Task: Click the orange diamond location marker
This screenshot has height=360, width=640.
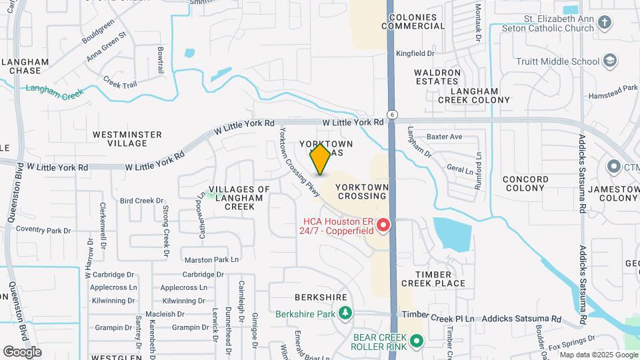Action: [x=320, y=159]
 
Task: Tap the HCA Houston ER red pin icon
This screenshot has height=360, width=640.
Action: [x=383, y=226]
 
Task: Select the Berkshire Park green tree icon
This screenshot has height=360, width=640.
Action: [x=345, y=313]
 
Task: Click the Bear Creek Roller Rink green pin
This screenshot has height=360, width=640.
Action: [x=417, y=343]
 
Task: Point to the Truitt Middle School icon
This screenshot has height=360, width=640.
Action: [x=609, y=61]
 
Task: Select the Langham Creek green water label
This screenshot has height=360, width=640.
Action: [x=55, y=91]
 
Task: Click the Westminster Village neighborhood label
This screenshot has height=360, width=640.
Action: [x=127, y=139]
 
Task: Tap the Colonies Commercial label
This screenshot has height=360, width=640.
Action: [x=413, y=21]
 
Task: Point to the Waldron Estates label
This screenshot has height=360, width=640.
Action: [x=437, y=76]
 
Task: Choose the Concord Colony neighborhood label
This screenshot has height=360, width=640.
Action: [x=525, y=184]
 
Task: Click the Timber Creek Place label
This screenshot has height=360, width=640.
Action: [x=433, y=279]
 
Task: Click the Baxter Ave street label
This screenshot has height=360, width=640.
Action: [x=444, y=137]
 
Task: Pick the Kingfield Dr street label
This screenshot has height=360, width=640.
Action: [x=415, y=53]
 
